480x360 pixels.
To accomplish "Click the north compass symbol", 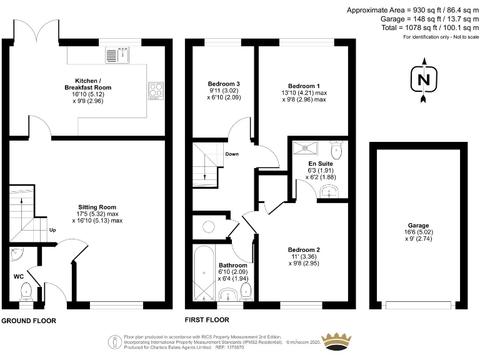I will pyautogui.click(x=424, y=80).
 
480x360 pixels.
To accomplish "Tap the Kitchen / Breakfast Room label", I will pyautogui.click(x=93, y=84).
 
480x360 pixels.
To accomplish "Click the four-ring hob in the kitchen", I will pyautogui.click(x=155, y=91).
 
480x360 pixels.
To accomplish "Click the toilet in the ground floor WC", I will pyautogui.click(x=26, y=291).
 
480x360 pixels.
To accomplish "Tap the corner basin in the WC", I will pyautogui.click(x=16, y=253).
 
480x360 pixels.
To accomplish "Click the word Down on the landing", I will pyautogui.click(x=231, y=154).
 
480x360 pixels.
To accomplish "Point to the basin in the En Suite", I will pyautogui.click(x=328, y=192).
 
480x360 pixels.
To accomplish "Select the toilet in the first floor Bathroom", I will pyautogui.click(x=246, y=290).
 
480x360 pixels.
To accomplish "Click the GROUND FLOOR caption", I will pyautogui.click(x=29, y=321).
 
